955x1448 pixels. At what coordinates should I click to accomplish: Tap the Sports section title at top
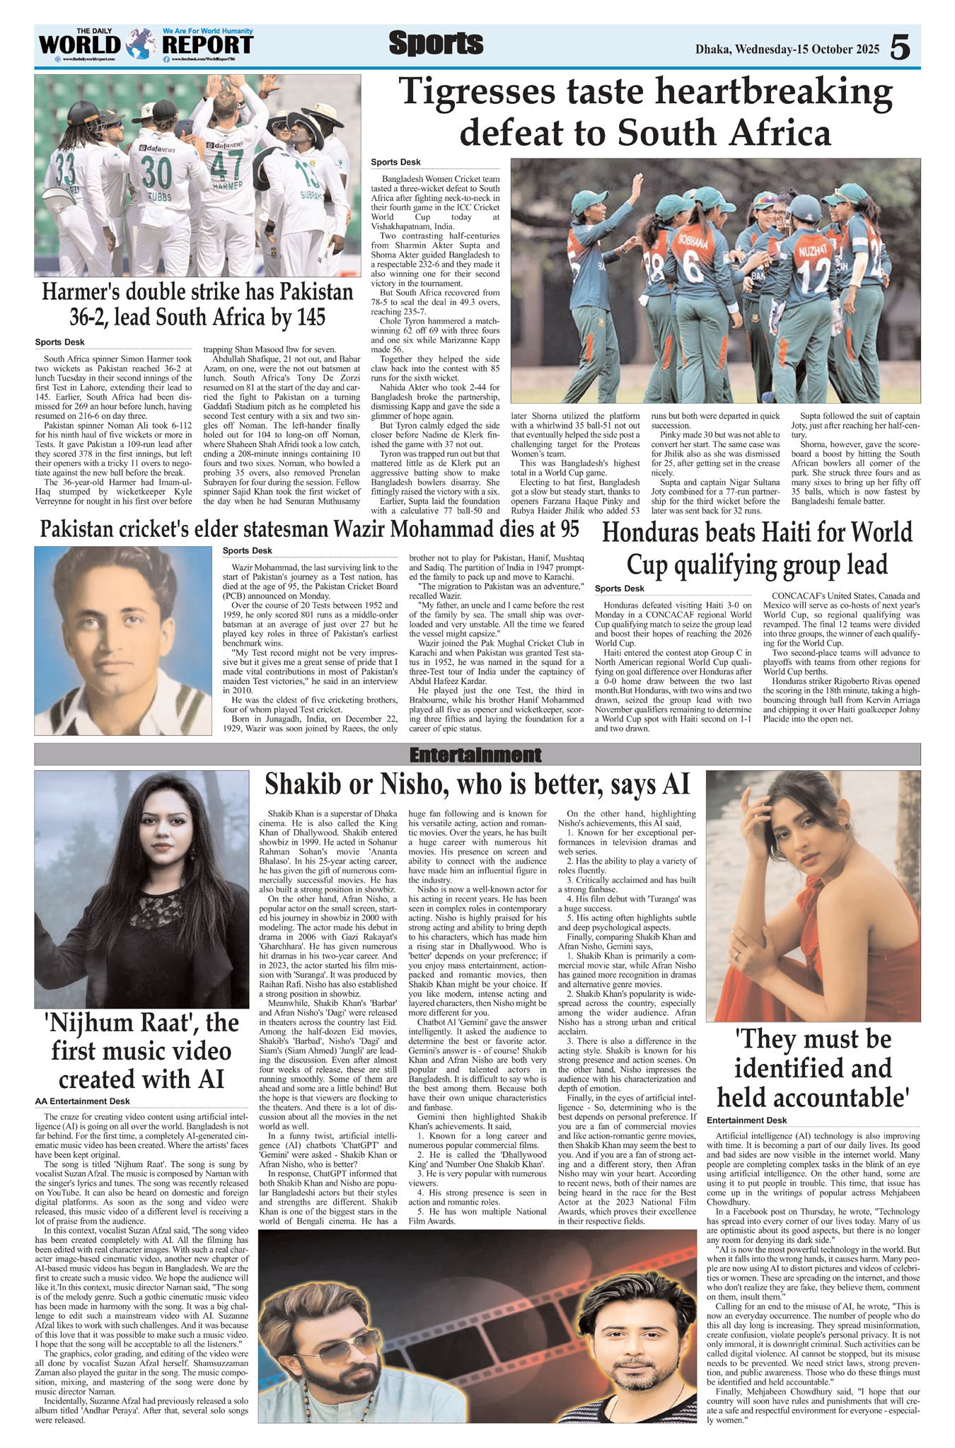pos(436,44)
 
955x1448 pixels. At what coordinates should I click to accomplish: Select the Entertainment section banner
pos(476,754)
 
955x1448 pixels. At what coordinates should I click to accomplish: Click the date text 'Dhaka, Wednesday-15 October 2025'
pos(787,49)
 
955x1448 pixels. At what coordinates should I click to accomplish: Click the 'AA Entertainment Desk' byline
pos(83,1101)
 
